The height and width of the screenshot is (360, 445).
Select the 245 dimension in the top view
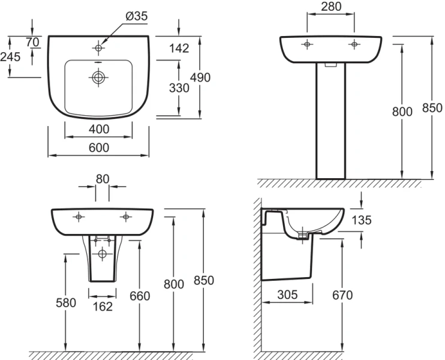tap(11, 57)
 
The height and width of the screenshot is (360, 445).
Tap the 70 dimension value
tap(32, 41)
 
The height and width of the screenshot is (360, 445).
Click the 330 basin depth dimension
tap(179, 88)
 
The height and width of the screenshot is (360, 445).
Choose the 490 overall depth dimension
tap(201, 77)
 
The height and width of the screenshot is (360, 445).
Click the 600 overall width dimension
tap(98, 148)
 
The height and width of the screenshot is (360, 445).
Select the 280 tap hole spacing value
tap(330, 7)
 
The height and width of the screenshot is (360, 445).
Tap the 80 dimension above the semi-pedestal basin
tap(102, 178)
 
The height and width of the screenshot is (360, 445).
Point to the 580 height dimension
tap(66, 302)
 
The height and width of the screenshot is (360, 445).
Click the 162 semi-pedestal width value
tap(102, 306)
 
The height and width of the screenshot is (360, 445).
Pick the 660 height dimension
tap(139, 296)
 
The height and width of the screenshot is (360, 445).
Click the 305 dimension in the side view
tap(288, 295)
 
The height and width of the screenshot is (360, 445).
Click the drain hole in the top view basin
tap(98, 77)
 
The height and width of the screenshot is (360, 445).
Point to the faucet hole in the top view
tap(98, 45)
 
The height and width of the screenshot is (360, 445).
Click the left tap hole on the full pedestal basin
tap(306, 44)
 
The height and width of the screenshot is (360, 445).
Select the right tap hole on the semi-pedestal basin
tap(126, 215)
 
